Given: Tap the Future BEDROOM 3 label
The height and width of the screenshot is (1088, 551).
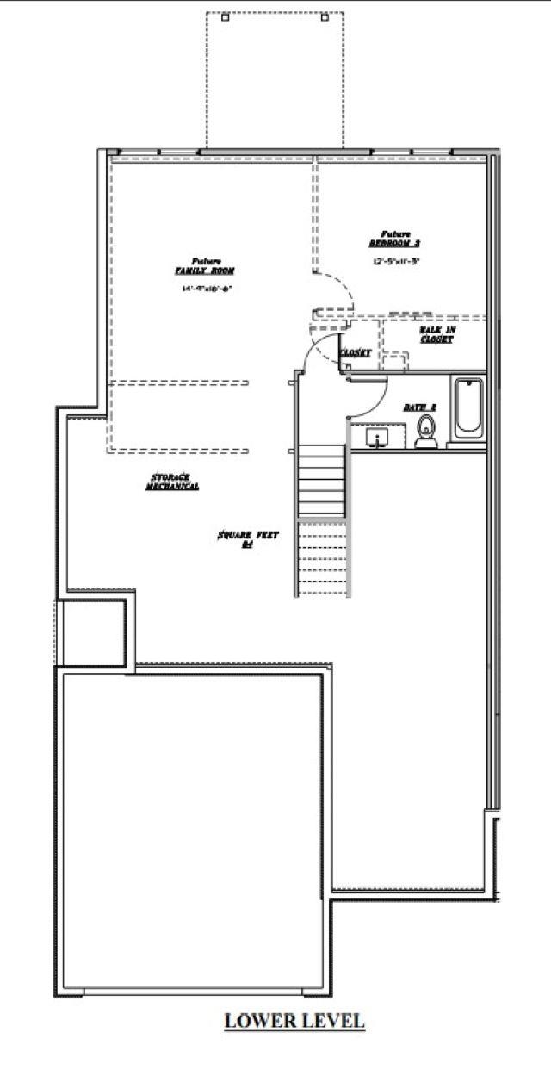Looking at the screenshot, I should click(x=395, y=239).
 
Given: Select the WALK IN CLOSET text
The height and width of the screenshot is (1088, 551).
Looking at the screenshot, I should click(x=436, y=335).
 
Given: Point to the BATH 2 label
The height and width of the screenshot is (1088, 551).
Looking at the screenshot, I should click(x=421, y=406).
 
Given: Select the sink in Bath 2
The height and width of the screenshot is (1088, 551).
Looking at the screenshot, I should click(x=376, y=439).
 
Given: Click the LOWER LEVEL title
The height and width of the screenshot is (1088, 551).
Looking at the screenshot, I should click(x=294, y=1021).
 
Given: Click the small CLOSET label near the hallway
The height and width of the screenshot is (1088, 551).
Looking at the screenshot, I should click(x=355, y=353).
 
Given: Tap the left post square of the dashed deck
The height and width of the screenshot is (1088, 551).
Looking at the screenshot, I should click(x=225, y=17).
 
